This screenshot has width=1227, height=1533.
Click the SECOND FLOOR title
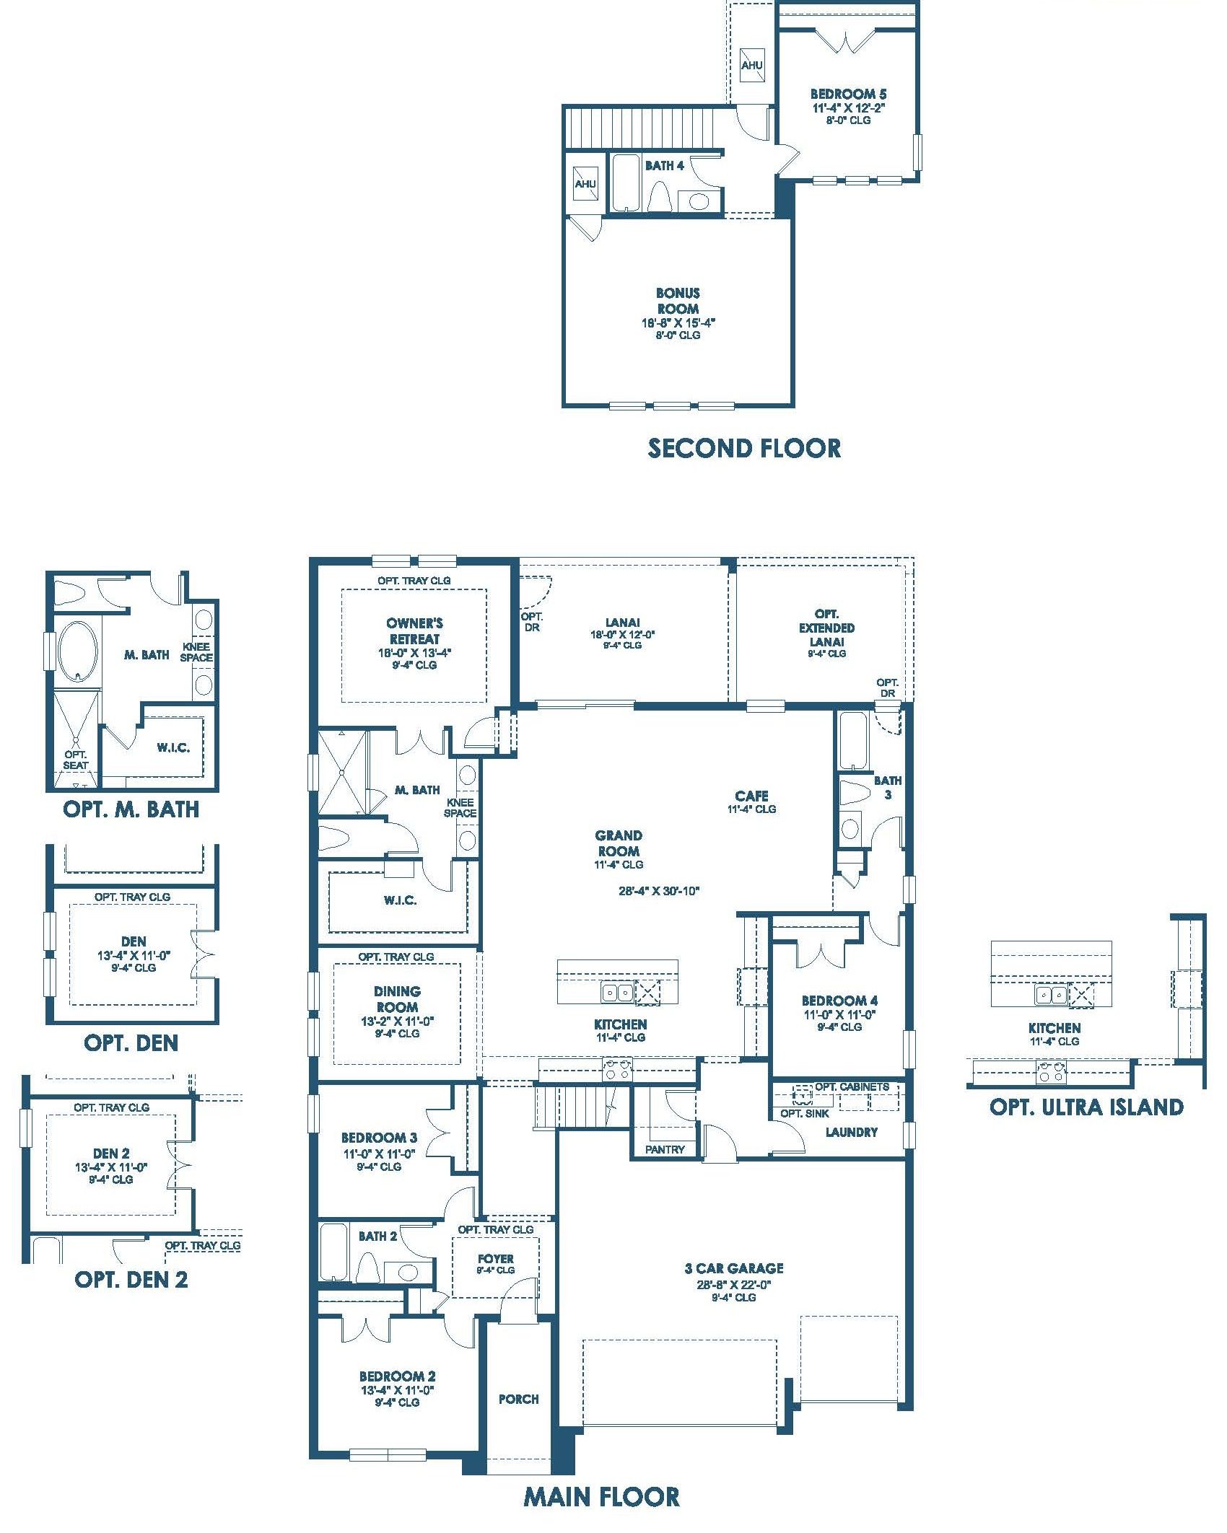point(744,448)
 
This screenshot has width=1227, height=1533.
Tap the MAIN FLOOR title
point(601,1497)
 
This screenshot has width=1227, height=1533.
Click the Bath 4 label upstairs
point(664,165)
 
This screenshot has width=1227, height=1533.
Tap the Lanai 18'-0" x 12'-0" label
point(622,633)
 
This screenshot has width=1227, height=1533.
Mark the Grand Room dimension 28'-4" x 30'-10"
point(659,890)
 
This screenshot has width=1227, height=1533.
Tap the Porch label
point(518,1399)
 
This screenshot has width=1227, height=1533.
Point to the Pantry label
point(665,1149)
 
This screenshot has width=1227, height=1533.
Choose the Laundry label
point(852,1132)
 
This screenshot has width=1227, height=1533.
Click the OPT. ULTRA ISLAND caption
point(1086,1107)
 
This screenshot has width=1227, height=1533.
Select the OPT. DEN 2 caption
point(131,1279)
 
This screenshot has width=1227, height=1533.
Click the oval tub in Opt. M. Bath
point(77,651)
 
